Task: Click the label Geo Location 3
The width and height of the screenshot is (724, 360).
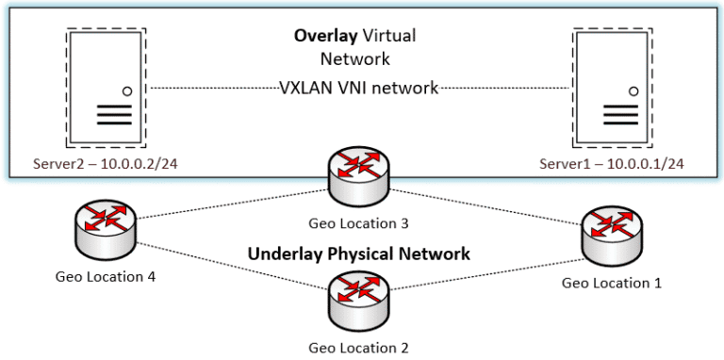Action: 358,224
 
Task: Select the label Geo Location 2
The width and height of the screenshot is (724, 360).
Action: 358,347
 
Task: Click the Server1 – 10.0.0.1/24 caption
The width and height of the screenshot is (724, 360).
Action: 612,165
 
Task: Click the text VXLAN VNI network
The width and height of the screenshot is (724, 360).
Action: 359,89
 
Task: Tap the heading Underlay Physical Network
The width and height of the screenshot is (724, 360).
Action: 358,254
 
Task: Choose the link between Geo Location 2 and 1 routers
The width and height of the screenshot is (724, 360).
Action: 485,271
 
